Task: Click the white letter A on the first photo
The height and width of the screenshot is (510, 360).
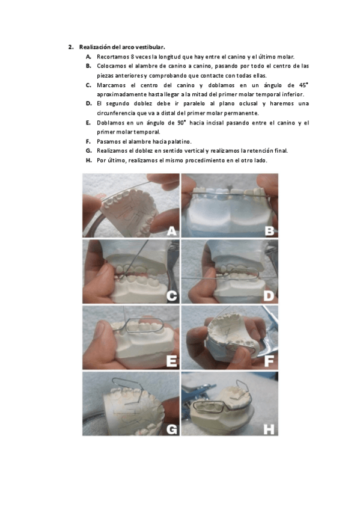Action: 171,231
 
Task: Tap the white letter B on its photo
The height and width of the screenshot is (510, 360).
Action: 269,231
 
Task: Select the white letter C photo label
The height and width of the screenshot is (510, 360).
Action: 171,296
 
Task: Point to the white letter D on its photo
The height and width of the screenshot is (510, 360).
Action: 269,296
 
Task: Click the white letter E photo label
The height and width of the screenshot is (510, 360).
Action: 171,361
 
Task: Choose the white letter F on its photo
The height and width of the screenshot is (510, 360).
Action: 269,361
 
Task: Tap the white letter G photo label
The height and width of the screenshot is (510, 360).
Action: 171,429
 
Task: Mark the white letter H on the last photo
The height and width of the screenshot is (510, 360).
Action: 269,429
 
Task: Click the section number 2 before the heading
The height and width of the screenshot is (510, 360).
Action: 70,47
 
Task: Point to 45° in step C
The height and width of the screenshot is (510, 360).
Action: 303,85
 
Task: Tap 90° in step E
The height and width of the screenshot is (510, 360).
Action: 182,123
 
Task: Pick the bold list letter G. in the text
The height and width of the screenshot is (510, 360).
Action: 89,151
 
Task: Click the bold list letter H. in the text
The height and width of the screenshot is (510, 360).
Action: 89,161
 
